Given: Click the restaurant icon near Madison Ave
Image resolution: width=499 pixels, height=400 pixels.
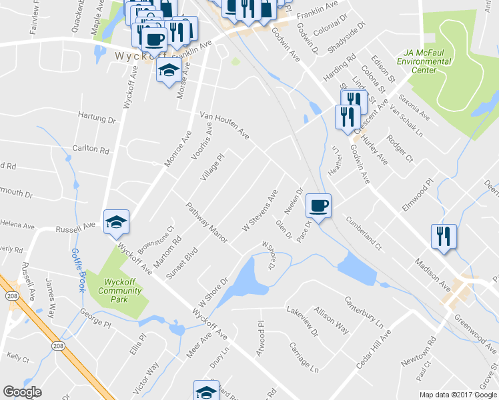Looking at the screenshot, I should click(x=443, y=237).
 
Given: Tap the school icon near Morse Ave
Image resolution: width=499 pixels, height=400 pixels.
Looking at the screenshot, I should click(x=168, y=69).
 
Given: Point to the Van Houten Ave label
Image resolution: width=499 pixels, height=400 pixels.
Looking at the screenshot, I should click(x=225, y=127).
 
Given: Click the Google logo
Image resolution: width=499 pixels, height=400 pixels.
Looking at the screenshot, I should click(x=22, y=391).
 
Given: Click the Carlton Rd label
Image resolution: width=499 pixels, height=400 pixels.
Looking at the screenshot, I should click(x=91, y=149).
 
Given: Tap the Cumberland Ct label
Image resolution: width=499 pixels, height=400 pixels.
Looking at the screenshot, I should click(x=364, y=233).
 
